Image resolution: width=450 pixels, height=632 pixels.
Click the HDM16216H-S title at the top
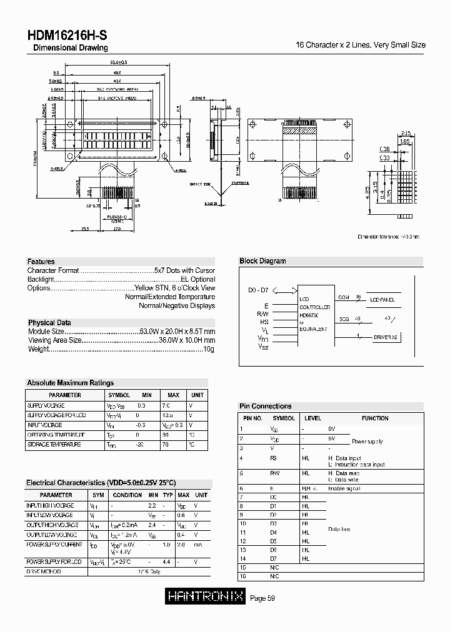click(66, 36)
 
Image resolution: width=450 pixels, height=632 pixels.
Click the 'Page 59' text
click(262, 598)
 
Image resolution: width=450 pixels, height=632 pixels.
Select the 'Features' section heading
click(41, 262)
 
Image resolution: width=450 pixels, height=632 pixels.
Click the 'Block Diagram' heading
click(262, 261)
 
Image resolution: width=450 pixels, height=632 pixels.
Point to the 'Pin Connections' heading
click(266, 406)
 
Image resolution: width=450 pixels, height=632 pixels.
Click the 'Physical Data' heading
click(49, 323)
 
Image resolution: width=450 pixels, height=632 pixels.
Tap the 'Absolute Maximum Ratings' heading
click(70, 383)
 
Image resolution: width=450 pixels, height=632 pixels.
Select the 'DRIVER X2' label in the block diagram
click(386, 337)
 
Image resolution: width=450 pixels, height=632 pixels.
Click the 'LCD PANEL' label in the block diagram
click(383, 300)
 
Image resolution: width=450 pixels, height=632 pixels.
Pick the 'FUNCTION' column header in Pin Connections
click(375, 418)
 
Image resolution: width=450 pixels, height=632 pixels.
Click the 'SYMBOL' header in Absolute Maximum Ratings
click(119, 395)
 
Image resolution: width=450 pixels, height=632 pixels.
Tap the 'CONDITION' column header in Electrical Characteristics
click(127, 495)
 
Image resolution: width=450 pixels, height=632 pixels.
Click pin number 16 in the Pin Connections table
click(244, 577)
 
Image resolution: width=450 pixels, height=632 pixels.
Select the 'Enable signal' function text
click(342, 488)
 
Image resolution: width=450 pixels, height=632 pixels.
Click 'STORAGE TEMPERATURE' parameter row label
click(54, 445)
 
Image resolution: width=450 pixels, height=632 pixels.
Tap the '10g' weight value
click(209, 348)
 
